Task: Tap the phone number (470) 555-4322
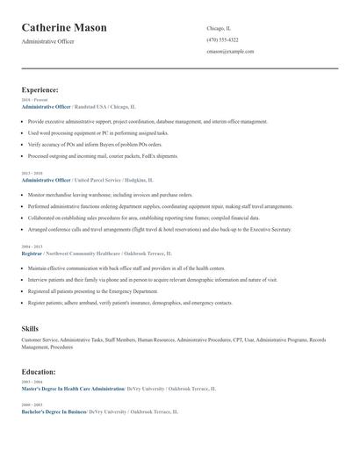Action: click(x=222, y=39)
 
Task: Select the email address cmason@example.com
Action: click(x=230, y=51)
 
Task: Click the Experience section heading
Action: click(x=40, y=89)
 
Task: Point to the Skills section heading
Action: click(x=30, y=328)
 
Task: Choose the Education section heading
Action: click(x=40, y=371)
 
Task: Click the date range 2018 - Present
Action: click(x=35, y=100)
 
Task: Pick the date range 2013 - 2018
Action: click(x=33, y=174)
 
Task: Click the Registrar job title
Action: click(x=32, y=254)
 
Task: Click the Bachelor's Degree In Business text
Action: click(x=54, y=411)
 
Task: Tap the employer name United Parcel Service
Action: click(x=102, y=180)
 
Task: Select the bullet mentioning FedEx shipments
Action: click(x=103, y=155)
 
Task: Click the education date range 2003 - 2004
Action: click(x=33, y=382)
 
